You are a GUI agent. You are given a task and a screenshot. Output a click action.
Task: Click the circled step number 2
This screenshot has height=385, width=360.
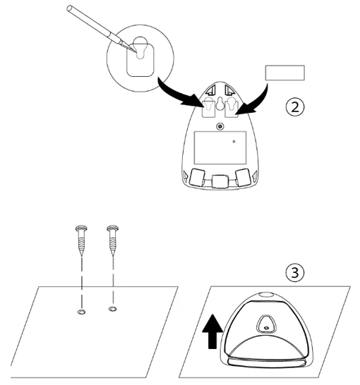(295, 107)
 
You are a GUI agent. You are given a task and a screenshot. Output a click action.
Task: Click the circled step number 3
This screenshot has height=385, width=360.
(295, 273)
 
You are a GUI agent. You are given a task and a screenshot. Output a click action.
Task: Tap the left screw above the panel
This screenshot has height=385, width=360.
(81, 240)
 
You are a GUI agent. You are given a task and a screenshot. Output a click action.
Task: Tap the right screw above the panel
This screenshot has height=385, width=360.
(113, 240)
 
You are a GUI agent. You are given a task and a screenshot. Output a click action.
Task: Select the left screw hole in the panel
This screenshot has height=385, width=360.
(81, 312)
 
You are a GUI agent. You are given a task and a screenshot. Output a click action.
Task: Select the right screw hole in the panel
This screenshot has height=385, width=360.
(113, 309)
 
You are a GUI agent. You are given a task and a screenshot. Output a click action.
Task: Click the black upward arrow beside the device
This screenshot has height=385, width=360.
(212, 331)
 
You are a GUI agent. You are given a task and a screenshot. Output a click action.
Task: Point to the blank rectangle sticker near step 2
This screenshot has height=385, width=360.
(284, 73)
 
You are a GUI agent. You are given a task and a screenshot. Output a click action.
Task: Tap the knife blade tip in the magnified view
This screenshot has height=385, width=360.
(136, 51)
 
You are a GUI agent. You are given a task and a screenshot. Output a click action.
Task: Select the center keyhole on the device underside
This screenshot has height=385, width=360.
(220, 103)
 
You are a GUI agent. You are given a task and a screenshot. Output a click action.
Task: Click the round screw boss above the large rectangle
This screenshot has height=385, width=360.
(220, 127)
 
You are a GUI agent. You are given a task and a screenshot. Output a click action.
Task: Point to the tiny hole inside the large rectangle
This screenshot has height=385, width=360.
(234, 142)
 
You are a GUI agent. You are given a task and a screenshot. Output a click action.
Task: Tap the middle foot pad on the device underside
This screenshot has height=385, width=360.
(220, 181)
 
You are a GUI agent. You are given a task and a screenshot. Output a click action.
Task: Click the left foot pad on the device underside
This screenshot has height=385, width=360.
(197, 177)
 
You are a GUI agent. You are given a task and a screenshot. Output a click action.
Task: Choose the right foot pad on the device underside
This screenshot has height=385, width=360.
(243, 177)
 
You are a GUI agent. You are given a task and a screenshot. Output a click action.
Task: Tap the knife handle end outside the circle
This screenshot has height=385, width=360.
(70, 8)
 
